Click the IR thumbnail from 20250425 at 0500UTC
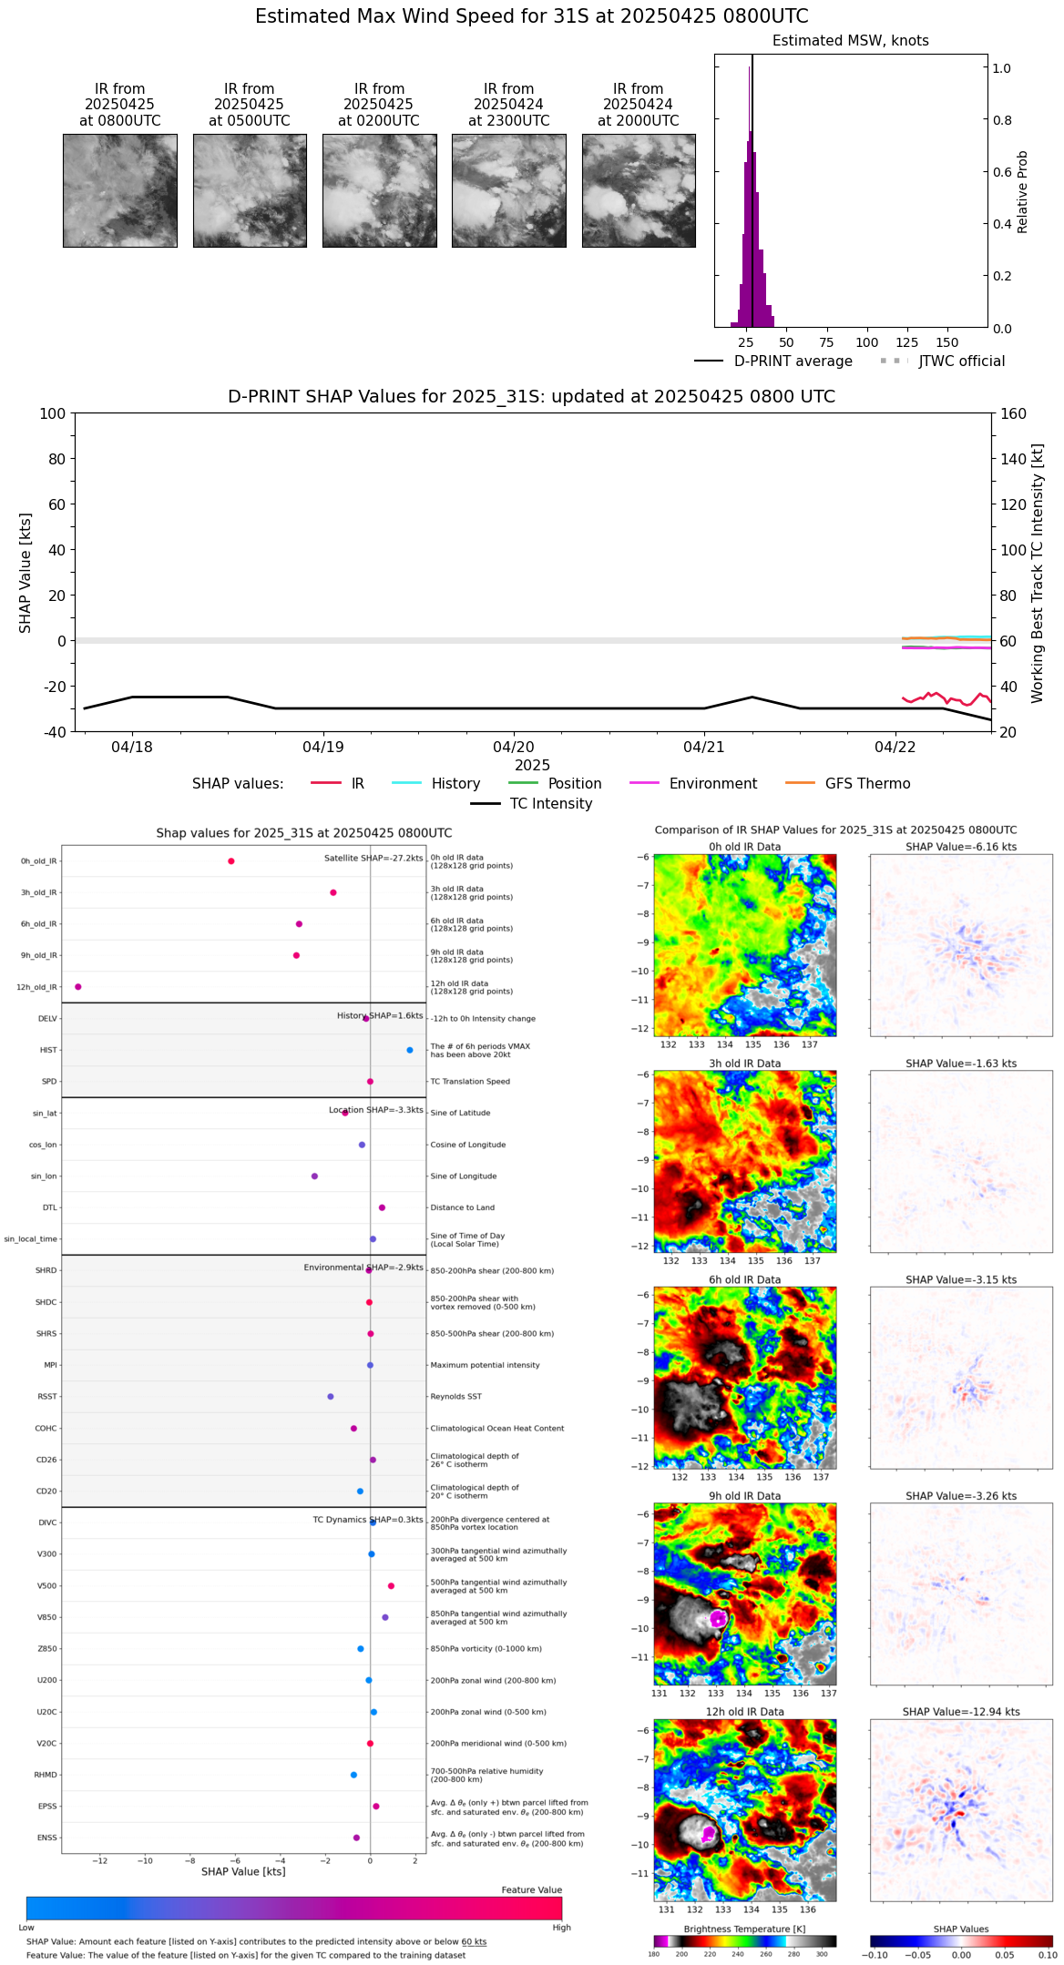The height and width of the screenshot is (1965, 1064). click(250, 190)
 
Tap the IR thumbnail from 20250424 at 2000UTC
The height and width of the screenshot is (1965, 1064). click(639, 190)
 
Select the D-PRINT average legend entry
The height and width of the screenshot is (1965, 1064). click(793, 361)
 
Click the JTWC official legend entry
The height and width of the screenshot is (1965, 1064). click(961, 361)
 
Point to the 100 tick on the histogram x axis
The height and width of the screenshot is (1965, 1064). click(867, 343)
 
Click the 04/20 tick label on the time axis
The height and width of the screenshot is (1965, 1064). click(514, 748)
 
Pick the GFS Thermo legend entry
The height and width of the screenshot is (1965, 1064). click(867, 784)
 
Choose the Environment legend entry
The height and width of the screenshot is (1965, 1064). click(712, 784)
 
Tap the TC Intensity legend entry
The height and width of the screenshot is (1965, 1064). click(550, 804)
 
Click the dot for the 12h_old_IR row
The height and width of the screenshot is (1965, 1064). click(78, 987)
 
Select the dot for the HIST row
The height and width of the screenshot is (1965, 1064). click(410, 1050)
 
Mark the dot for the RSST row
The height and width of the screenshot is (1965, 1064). click(331, 1397)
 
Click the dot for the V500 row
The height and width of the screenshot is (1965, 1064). click(392, 1586)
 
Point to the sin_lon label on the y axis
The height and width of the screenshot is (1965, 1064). click(44, 1176)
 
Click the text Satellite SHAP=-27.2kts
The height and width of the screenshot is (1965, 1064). click(373, 859)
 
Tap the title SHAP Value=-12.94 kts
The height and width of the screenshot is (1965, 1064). click(961, 1712)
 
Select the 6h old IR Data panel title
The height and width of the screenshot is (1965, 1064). click(744, 1279)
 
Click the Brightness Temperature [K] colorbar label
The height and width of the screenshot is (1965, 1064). click(744, 1929)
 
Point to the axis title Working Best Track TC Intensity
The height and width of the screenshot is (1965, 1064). click(1038, 574)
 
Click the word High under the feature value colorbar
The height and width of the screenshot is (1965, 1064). click(561, 1928)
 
